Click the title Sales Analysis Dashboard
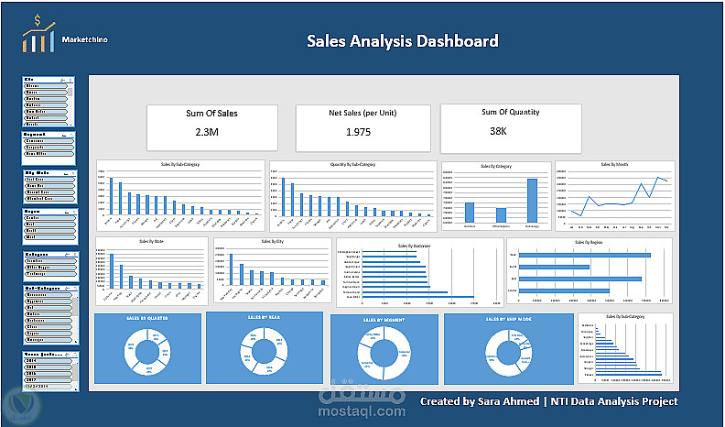pos(402,41)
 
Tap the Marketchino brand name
pos(89,39)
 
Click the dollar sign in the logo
pos(37,20)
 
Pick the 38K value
pos(498,131)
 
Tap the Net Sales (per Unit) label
pos(362,113)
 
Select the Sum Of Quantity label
pos(511,112)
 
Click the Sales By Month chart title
pos(614,165)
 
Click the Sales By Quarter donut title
pos(146,318)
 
